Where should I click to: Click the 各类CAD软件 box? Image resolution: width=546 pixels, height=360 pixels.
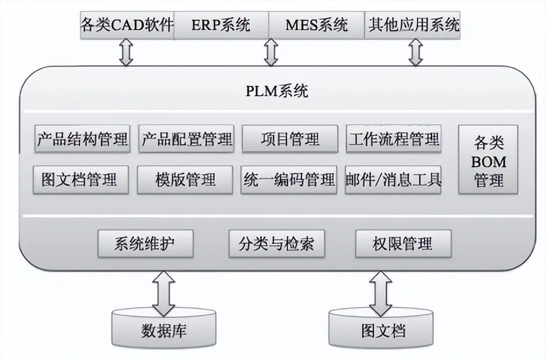[x=127, y=25]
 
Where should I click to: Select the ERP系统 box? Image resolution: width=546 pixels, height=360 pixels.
[x=221, y=25]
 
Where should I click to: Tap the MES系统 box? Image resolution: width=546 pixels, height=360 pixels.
[x=317, y=25]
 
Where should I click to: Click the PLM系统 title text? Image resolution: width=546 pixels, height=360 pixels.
[x=276, y=91]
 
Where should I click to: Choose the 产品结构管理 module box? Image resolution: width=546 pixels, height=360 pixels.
[x=82, y=139]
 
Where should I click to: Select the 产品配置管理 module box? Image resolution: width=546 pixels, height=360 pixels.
[x=186, y=139]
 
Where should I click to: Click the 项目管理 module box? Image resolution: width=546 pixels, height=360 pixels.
[x=290, y=139]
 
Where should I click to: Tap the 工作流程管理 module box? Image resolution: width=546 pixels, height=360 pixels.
[x=393, y=139]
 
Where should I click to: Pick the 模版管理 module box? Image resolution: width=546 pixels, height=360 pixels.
[x=185, y=179]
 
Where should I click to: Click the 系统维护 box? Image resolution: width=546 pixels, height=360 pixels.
[x=145, y=243]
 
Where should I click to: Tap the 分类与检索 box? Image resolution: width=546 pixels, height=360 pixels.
[x=276, y=243]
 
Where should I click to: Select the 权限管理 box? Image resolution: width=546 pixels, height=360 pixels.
[x=403, y=243]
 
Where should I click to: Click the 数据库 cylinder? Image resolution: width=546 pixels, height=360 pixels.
[x=164, y=329]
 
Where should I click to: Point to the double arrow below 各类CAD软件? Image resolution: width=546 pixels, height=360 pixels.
[x=126, y=53]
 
